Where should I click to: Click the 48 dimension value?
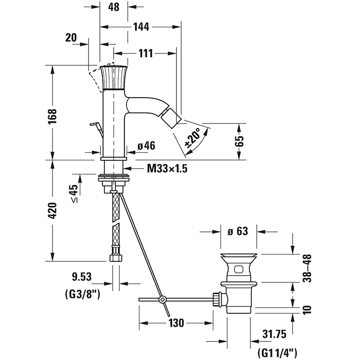pos(114,8)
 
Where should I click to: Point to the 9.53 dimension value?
pos(81,277)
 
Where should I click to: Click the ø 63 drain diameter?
pos(238,231)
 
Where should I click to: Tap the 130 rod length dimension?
pos(176,323)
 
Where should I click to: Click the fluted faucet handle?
pos(115,78)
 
